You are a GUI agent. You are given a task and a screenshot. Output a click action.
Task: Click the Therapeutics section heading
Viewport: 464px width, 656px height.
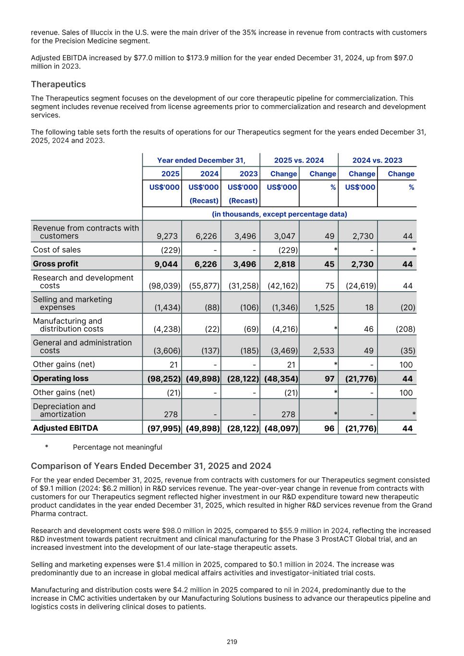(58, 84)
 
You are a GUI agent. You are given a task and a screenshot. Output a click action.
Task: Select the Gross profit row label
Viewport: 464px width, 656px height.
(55, 263)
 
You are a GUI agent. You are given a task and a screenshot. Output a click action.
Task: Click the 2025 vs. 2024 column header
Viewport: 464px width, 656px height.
(299, 160)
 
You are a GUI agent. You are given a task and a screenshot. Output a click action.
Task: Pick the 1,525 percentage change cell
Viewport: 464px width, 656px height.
(324, 307)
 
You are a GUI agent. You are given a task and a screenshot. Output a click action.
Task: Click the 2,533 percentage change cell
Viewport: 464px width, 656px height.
(324, 351)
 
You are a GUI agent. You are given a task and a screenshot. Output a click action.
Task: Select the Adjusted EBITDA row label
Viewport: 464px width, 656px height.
(65, 428)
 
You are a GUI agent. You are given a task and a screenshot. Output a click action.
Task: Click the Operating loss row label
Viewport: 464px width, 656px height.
(61, 378)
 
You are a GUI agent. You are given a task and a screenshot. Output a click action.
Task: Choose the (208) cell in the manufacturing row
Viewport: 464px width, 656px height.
(408, 329)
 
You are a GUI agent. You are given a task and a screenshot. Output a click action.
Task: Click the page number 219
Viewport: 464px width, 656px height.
(232, 642)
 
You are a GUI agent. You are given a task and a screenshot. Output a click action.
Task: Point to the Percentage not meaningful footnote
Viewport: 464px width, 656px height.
(117, 447)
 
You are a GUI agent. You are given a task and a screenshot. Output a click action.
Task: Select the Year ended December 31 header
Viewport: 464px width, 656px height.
(201, 160)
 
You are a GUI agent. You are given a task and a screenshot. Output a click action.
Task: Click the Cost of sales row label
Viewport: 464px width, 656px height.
(57, 249)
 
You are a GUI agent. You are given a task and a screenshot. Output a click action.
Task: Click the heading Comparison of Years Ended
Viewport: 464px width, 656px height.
(151, 466)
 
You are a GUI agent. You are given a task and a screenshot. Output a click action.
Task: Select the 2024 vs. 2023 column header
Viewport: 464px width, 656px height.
(377, 160)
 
